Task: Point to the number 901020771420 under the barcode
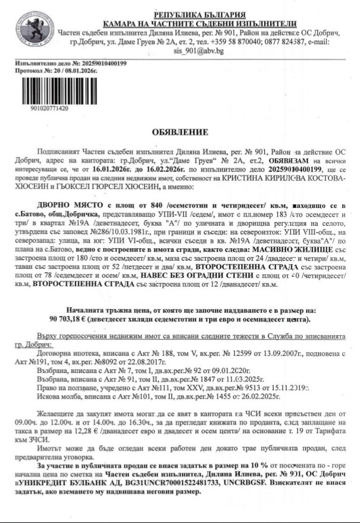(48, 109)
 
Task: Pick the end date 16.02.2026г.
(154, 168)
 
